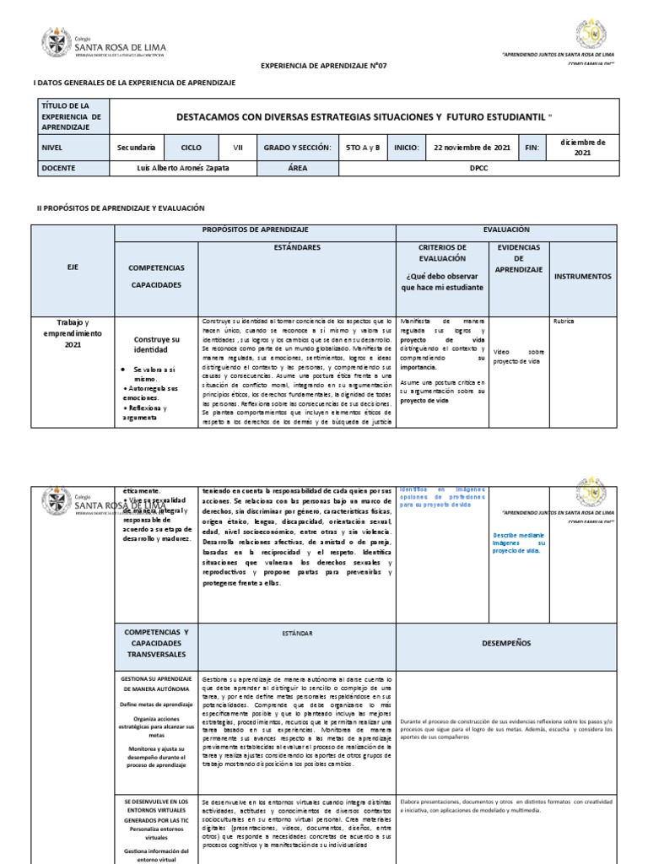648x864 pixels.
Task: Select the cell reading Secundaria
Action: tap(136, 147)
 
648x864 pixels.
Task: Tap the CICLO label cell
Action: tap(192, 147)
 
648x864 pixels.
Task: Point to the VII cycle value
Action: tap(237, 147)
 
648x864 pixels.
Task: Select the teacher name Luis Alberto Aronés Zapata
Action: tap(182, 168)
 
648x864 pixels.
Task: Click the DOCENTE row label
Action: tap(58, 168)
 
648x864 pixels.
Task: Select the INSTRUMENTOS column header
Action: tap(582, 276)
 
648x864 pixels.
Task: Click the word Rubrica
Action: tap(563, 321)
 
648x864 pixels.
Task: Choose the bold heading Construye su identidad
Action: tap(157, 343)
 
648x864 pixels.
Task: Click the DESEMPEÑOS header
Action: tap(506, 643)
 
